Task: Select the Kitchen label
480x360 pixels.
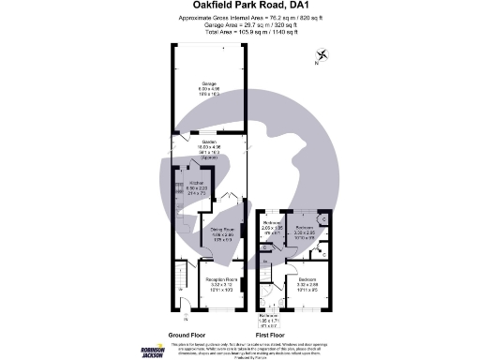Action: pos(197,184)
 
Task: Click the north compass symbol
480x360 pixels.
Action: pos(322,56)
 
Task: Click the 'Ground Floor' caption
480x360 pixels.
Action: pos(187,334)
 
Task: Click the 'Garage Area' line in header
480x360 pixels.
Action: pos(239,24)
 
